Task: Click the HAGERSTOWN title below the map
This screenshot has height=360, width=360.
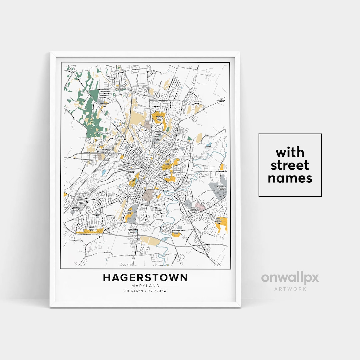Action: tap(145, 278)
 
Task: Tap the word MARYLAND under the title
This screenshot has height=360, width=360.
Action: tap(145, 286)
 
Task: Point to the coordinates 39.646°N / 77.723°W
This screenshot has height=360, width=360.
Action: tap(145, 291)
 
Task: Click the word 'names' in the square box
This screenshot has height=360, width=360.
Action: tap(290, 178)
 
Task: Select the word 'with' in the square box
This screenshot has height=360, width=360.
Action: tap(290, 153)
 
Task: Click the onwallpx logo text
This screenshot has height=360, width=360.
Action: tap(290, 278)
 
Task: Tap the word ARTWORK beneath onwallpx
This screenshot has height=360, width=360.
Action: tap(290, 289)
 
